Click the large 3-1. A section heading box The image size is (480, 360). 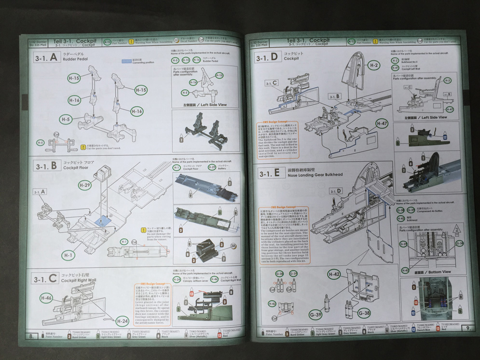[x=46, y=58]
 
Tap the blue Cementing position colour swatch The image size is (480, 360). [x=127, y=62]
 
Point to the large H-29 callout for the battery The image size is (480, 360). [x=84, y=185]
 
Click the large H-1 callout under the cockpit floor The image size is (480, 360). [x=69, y=255]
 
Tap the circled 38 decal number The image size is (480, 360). [x=234, y=246]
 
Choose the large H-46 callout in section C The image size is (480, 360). [x=46, y=298]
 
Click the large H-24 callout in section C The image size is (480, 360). [x=123, y=320]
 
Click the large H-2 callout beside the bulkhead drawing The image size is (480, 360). [x=373, y=65]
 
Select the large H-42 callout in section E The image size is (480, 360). [x=334, y=275]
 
